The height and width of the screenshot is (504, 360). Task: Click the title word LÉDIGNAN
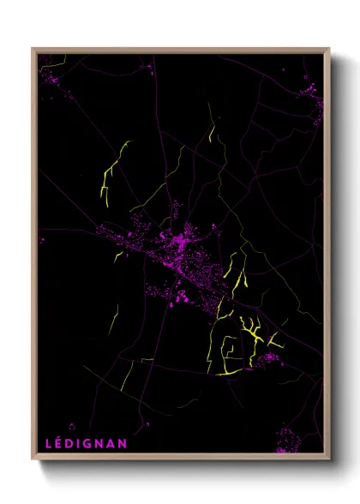[87, 443]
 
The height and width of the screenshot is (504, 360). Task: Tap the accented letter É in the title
[60, 443]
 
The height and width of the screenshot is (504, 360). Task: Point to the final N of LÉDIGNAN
[123, 443]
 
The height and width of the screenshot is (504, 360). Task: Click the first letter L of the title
[49, 443]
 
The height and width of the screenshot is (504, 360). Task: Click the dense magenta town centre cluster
[182, 244]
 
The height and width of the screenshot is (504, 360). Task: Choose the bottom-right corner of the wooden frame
[328, 459]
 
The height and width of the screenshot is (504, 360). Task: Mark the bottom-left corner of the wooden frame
[33, 459]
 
